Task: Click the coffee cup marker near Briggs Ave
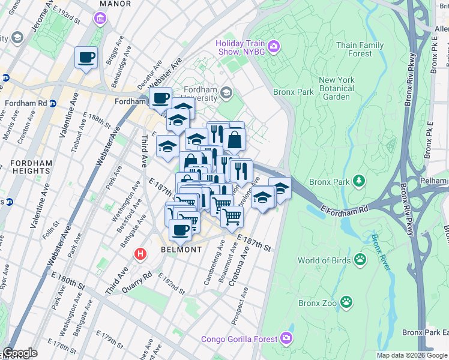86,58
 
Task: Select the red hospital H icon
140,254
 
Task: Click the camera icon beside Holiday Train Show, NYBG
274,46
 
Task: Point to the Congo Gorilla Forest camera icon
287,338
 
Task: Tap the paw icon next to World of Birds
360,260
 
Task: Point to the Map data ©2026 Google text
412,355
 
